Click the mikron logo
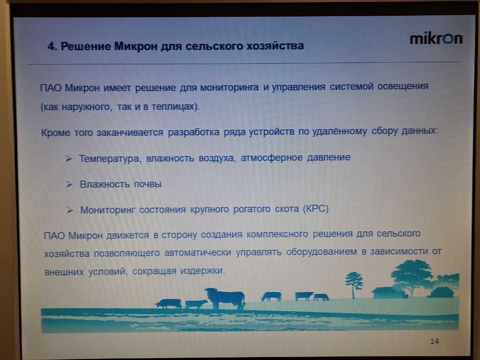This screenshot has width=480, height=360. pyautogui.click(x=436, y=38)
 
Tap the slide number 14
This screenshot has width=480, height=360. pyautogui.click(x=434, y=341)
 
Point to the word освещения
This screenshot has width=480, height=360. pyautogui.click(x=403, y=86)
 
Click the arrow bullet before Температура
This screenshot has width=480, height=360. pyautogui.click(x=69, y=159)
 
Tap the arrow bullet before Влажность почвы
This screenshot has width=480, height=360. pyautogui.click(x=69, y=184)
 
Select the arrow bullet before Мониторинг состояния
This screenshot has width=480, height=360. pyautogui.click(x=70, y=210)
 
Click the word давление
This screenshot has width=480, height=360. pyautogui.click(x=328, y=157)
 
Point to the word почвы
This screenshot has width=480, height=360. pyautogui.click(x=148, y=184)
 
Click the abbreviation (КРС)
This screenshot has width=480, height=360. pyautogui.click(x=315, y=209)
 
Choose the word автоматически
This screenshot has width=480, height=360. pyautogui.click(x=198, y=252)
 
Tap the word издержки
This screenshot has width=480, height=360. pyautogui.click(x=202, y=271)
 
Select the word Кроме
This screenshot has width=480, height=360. pyautogui.click(x=55, y=133)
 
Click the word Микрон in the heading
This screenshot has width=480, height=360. pyautogui.click(x=136, y=46)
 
